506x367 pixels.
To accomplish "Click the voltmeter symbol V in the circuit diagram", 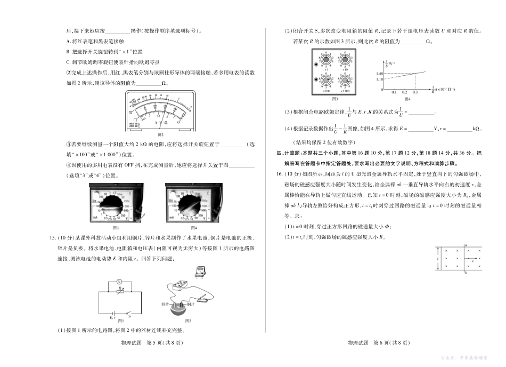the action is tap(120, 280).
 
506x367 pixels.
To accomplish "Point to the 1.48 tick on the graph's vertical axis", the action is tap(380, 73).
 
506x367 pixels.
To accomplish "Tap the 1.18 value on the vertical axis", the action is tap(380, 79).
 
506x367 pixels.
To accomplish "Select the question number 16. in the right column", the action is tap(288, 174).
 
